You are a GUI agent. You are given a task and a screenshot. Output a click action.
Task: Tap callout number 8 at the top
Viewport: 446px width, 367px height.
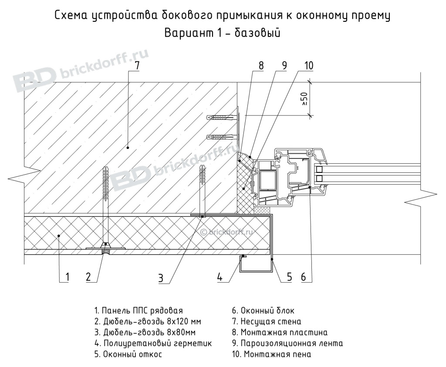pos(261,66)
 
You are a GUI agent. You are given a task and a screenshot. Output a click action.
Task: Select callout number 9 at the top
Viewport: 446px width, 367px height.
pos(284,66)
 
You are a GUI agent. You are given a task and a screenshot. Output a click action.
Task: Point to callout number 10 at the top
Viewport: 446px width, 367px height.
pos(308,66)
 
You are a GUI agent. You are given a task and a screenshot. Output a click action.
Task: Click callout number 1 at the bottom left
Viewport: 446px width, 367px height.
pos(68,276)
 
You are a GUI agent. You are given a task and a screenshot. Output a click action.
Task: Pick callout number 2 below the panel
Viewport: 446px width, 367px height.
pos(88,276)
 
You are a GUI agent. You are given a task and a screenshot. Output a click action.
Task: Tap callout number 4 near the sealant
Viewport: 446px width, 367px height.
pos(220,277)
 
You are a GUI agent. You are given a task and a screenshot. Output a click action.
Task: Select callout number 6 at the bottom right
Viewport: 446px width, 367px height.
pos(304,276)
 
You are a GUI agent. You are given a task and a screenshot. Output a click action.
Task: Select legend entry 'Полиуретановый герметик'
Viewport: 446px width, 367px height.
pos(153,343)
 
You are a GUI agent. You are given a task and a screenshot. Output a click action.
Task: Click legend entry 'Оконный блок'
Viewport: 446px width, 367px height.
pos(263,311)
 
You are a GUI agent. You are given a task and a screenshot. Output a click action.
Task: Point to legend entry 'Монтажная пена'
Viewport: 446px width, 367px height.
pos(272,354)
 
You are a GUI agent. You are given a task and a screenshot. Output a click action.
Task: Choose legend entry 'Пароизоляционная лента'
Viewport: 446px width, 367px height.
pos(288,343)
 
